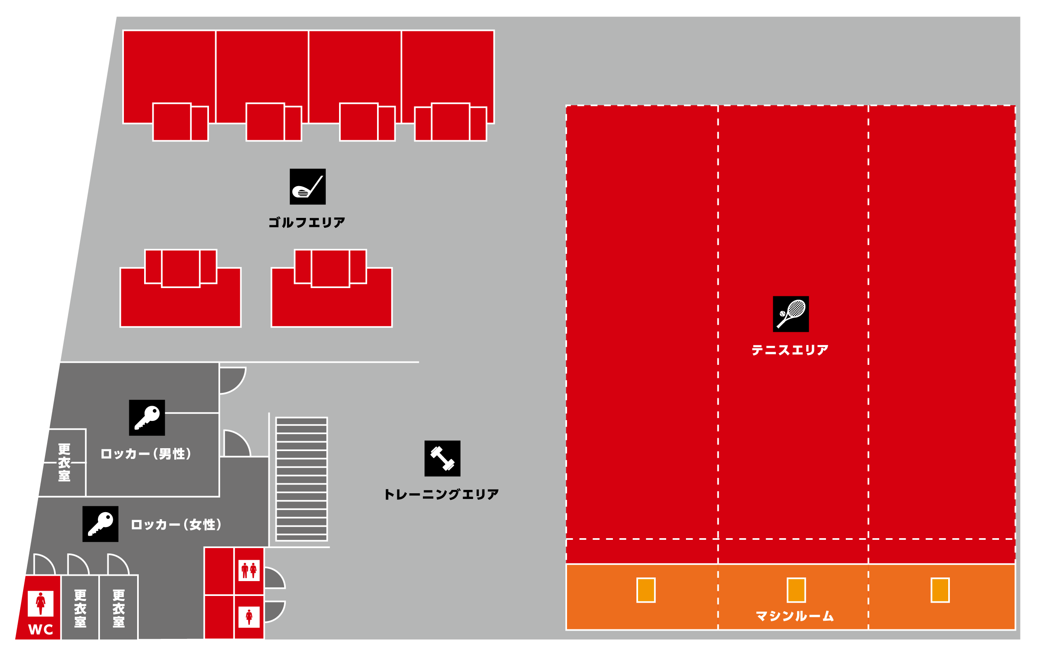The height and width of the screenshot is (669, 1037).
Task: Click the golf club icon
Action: click(307, 187)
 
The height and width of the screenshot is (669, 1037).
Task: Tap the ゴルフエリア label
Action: click(306, 222)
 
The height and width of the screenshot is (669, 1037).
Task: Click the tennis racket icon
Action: click(790, 314)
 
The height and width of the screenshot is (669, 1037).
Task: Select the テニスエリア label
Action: click(790, 350)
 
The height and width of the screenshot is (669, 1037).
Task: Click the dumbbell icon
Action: click(442, 458)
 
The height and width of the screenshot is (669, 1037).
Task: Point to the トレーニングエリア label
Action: click(441, 494)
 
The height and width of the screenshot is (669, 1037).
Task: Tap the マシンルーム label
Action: click(795, 616)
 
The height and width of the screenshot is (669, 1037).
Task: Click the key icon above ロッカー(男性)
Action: click(147, 418)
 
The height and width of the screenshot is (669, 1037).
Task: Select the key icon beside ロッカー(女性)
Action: click(100, 523)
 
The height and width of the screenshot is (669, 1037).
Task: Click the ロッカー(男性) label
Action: click(146, 454)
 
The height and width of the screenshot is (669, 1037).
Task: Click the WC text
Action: click(40, 629)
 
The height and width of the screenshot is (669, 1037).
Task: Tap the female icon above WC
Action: click(40, 603)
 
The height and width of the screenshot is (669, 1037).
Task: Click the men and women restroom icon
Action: click(249, 570)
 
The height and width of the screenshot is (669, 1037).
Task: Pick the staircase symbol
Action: click(301, 479)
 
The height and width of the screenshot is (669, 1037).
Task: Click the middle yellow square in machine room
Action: click(796, 590)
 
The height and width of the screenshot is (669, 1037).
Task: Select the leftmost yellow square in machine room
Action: click(646, 590)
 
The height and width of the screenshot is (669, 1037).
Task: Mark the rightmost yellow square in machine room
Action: click(940, 590)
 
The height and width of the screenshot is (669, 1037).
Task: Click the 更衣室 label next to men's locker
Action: click(64, 463)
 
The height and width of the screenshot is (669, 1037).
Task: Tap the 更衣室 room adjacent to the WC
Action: click(80, 608)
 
